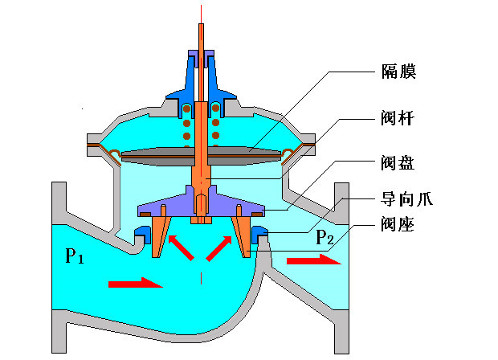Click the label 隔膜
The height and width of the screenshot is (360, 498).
398,72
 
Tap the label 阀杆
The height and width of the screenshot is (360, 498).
398,119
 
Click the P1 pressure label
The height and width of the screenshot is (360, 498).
75,256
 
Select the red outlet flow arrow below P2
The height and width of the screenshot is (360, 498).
308,260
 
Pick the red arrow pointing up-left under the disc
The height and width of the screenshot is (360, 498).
181,247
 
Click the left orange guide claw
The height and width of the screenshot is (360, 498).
158,233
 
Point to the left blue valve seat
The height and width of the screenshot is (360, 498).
143,234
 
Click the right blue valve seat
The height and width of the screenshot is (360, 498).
259,234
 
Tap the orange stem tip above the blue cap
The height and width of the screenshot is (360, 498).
201,32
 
